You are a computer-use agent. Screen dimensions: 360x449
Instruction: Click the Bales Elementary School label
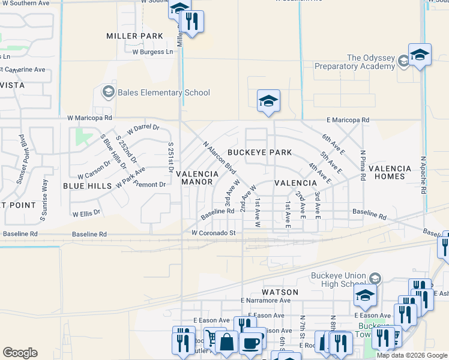point(164,92)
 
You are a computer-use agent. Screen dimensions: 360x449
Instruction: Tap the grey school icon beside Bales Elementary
point(108,92)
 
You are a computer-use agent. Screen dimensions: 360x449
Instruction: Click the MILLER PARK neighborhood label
point(135,36)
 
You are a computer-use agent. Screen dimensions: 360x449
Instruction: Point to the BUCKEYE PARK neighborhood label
point(259,152)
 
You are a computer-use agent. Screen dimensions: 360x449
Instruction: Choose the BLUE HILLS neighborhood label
point(88,186)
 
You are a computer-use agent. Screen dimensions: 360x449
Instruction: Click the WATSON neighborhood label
point(276,292)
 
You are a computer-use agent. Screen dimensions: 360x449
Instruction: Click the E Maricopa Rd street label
point(348,120)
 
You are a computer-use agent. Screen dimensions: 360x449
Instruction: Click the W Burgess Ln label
point(152,52)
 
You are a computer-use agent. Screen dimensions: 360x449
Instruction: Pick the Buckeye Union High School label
point(337,280)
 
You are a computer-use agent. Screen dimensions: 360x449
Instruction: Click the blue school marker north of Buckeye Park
point(268,100)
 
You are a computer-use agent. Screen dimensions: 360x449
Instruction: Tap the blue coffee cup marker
point(250,343)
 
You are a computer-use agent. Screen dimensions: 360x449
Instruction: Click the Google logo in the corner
point(20,353)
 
